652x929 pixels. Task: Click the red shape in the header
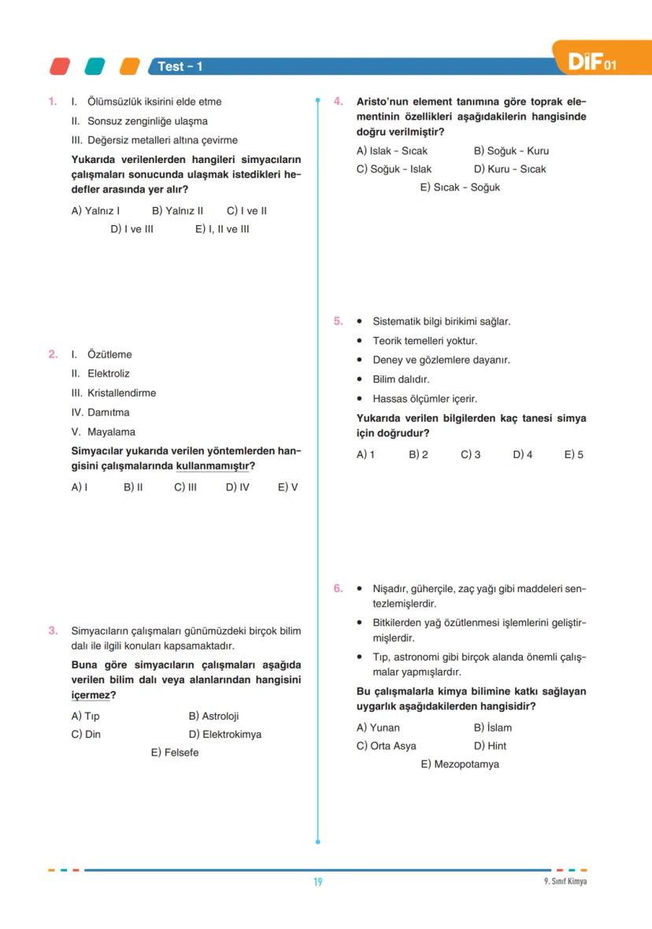[59, 67]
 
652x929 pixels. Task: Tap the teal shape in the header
[94, 67]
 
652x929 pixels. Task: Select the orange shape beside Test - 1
[129, 67]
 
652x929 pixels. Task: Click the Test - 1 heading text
[180, 67]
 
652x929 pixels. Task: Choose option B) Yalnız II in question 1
[177, 211]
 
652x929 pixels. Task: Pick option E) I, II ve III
[222, 230]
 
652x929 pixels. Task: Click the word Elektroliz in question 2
[108, 374]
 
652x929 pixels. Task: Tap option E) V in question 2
[287, 487]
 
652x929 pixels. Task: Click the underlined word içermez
[90, 695]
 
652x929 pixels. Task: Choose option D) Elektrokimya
[225, 735]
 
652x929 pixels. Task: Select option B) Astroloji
[213, 716]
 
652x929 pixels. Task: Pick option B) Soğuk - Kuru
[511, 151]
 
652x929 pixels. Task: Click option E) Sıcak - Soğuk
[460, 187]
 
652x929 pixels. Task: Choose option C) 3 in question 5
[470, 455]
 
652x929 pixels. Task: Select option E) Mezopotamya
[460, 764]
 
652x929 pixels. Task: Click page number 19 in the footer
[318, 882]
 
